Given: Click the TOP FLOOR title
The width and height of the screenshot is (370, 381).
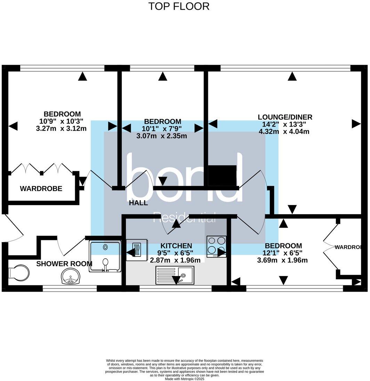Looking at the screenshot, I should click(x=179, y=6).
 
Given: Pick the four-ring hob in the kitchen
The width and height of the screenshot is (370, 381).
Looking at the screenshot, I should click(x=216, y=247).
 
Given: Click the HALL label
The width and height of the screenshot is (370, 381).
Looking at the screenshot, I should click(x=138, y=203).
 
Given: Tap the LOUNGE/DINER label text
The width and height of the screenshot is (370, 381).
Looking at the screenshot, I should click(x=285, y=117).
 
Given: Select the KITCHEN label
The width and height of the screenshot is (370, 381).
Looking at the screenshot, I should click(x=174, y=246).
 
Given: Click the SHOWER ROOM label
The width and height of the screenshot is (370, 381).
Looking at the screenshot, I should click(x=64, y=264).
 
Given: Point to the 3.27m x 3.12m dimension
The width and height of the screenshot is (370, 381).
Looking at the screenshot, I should click(x=61, y=128).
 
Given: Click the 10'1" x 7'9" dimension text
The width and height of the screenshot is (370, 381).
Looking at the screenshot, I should click(x=162, y=129).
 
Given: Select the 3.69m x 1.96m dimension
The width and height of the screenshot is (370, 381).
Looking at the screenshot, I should click(x=282, y=260).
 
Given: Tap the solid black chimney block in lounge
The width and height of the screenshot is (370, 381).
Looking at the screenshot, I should click(x=222, y=176).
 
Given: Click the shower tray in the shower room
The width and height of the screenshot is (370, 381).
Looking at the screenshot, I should click(x=105, y=256).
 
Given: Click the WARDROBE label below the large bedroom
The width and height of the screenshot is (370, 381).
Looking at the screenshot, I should click(x=41, y=189).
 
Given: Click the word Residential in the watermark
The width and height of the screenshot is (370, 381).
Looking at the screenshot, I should click(x=184, y=217).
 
